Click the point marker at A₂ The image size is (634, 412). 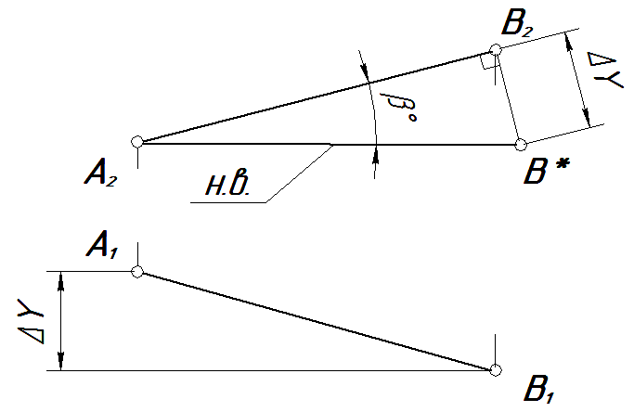[137, 142]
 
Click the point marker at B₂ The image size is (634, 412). [496, 49]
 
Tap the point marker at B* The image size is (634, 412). [521, 144]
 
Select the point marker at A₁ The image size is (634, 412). [137, 272]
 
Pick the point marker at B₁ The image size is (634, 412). [496, 370]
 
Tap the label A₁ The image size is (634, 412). [105, 246]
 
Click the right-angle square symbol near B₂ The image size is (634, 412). [487, 61]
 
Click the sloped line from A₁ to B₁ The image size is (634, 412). [316, 321]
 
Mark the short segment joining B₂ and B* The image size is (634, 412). [509, 97]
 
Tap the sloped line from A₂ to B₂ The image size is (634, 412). [316, 97]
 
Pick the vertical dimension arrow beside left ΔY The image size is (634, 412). [61, 320]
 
